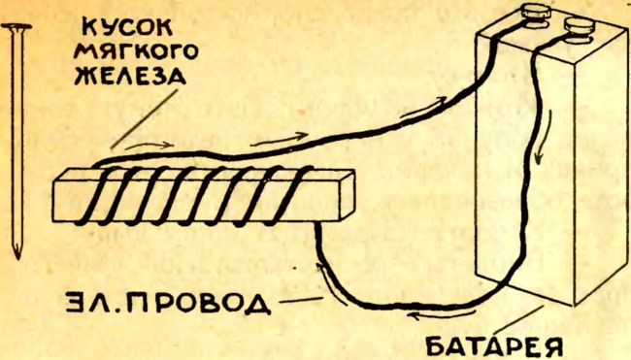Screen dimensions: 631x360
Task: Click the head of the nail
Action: (17, 27)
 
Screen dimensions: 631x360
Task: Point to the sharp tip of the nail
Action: (17, 257)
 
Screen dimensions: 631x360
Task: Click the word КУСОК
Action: (128, 28)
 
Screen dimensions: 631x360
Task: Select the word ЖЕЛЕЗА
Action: (130, 75)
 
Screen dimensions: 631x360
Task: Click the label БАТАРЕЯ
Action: (493, 346)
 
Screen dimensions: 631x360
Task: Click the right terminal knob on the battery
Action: (580, 25)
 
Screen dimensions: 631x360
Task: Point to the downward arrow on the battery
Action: (542, 137)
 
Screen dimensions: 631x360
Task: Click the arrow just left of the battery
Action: (424, 107)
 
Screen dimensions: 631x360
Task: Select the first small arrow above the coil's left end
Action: (149, 145)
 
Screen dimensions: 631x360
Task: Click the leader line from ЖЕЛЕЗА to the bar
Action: (144, 119)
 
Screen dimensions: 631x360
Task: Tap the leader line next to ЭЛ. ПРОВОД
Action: (301, 300)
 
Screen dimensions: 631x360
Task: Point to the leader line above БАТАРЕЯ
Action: (520, 320)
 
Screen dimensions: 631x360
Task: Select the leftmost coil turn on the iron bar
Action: (92, 196)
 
